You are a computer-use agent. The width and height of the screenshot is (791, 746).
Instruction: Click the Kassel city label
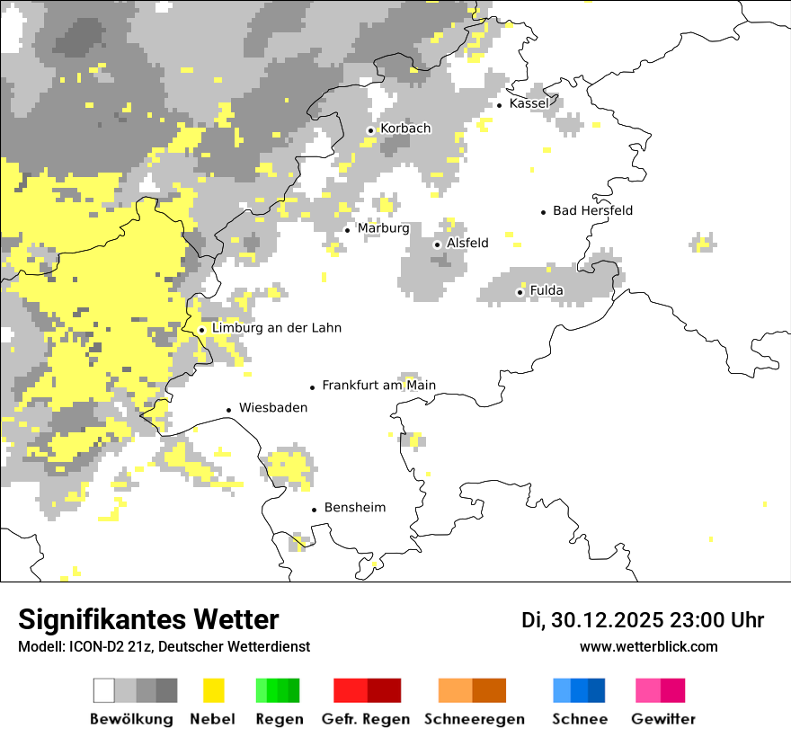[x=529, y=103]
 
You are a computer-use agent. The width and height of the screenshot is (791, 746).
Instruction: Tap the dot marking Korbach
[x=370, y=130]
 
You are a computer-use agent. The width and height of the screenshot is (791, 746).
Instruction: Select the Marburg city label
[x=383, y=228]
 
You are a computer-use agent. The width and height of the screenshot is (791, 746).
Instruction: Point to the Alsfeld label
[x=467, y=243]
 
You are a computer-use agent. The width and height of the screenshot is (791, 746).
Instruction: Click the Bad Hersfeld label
[x=592, y=210]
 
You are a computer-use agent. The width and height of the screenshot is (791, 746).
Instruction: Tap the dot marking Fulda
[x=520, y=292]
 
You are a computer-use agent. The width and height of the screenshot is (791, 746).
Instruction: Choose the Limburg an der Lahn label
[x=276, y=328]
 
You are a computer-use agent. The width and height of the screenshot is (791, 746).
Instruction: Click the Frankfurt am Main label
[x=378, y=386]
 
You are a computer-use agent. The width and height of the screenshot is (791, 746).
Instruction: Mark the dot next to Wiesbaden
[x=229, y=410]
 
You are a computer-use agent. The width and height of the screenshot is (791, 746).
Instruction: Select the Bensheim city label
[x=354, y=508]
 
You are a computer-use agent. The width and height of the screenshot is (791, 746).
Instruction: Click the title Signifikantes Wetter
[x=148, y=619]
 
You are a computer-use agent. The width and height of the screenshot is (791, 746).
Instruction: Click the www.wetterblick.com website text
[x=648, y=646]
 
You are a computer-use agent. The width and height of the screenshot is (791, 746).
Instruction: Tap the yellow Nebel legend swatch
[x=214, y=690]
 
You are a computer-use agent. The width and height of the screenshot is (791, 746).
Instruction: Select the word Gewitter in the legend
[x=663, y=719]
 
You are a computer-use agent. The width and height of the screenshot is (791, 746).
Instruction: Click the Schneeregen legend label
[x=475, y=719]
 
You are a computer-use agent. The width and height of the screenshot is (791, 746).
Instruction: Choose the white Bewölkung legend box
[x=104, y=690]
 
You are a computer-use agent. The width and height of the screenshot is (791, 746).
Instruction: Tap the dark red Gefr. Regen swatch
[x=384, y=690]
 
